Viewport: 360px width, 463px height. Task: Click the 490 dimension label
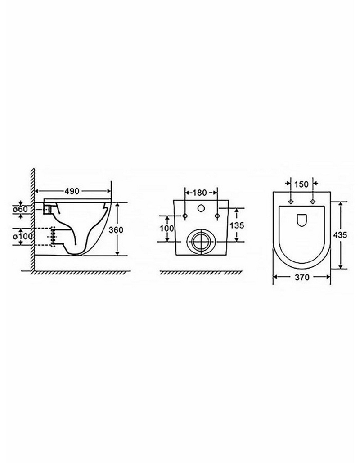[x=72, y=191]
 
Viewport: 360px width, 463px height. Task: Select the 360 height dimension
[x=116, y=229]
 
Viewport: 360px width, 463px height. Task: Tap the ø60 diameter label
[x=20, y=209]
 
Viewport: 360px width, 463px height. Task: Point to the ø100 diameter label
[x=22, y=236]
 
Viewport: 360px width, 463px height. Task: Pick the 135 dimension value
[x=237, y=225]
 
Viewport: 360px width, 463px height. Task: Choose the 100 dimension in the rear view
[x=167, y=228]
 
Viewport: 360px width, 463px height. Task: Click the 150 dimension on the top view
[x=301, y=184]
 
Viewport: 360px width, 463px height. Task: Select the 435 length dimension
[x=340, y=235]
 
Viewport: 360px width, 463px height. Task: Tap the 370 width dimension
[x=302, y=277]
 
